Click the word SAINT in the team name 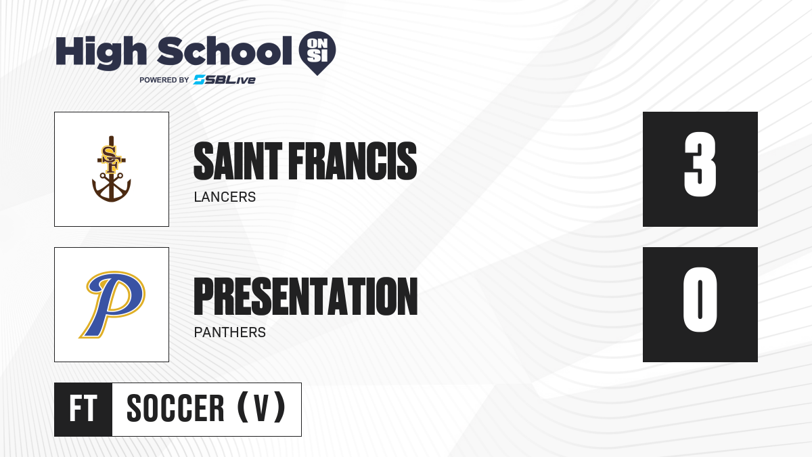(x=238, y=161)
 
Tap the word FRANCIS (x=353, y=161)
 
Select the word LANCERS (x=225, y=197)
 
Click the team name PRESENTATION (x=306, y=297)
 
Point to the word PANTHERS (x=230, y=332)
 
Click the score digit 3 (x=700, y=165)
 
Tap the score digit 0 (x=700, y=299)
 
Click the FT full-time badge (x=83, y=409)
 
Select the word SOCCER (x=175, y=408)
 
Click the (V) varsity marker (x=261, y=408)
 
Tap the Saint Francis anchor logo (x=111, y=169)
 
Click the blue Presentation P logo (x=112, y=304)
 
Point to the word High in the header (x=101, y=52)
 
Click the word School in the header (x=225, y=51)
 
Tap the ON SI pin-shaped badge (x=317, y=53)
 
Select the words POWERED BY (x=164, y=80)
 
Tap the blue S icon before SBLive (x=200, y=80)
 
